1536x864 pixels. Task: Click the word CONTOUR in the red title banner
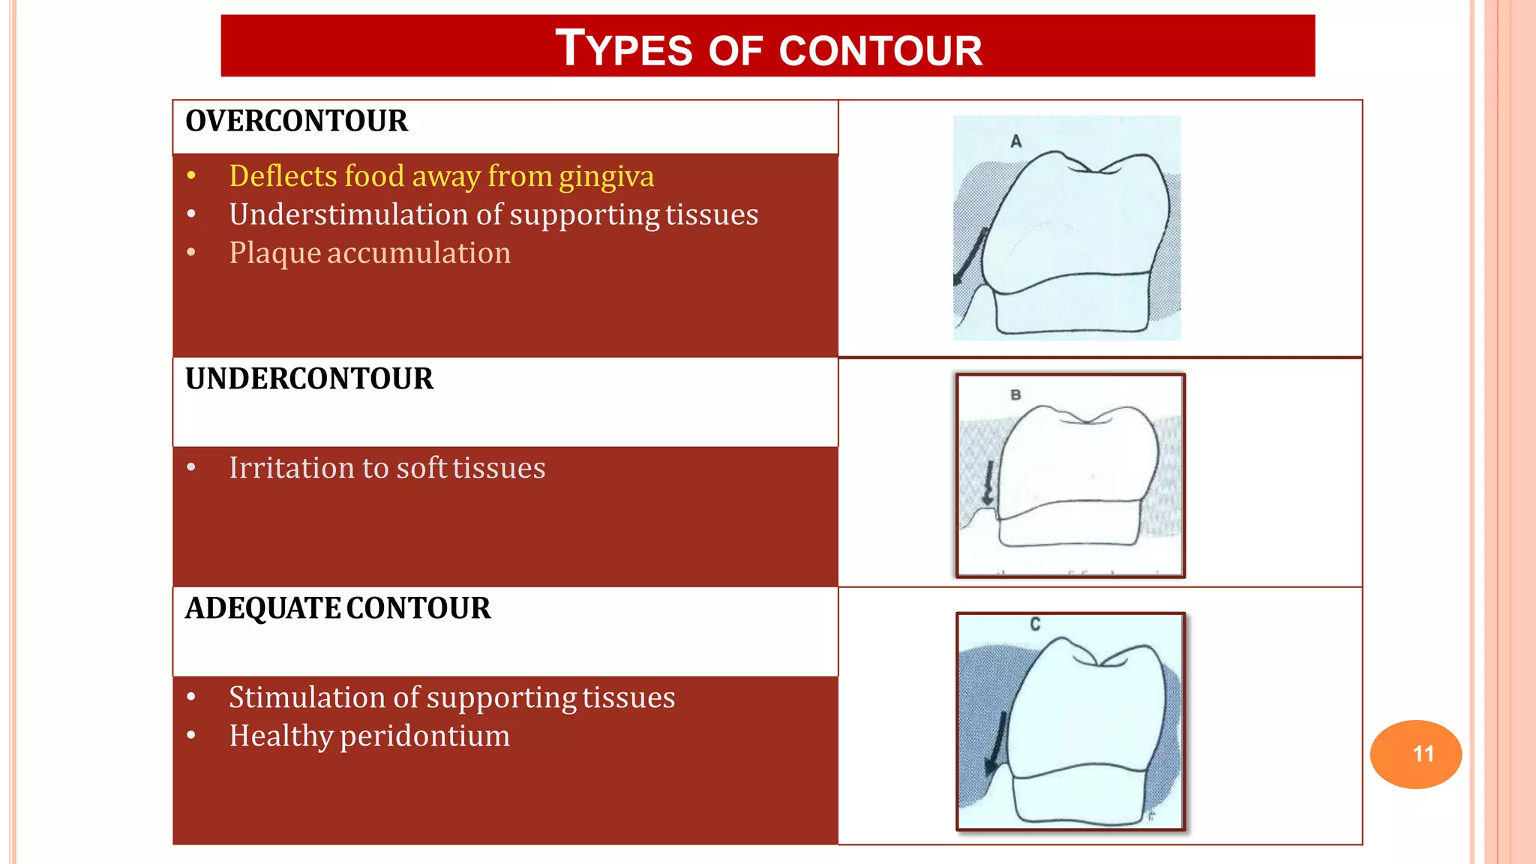click(880, 51)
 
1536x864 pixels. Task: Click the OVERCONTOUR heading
click(296, 121)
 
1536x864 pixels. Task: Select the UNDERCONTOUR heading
click(309, 379)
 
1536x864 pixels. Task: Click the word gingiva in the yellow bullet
click(606, 176)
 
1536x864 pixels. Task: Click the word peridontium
click(424, 736)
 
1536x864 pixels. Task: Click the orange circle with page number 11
click(1415, 754)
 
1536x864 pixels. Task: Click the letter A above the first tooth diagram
click(1016, 141)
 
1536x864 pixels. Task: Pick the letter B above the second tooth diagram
click(1015, 394)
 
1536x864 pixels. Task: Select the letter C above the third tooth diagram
click(1035, 624)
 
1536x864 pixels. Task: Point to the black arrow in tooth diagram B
click(989, 482)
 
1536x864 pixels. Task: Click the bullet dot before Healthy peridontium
click(192, 736)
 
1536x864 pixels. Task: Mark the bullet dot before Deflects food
click(192, 176)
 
